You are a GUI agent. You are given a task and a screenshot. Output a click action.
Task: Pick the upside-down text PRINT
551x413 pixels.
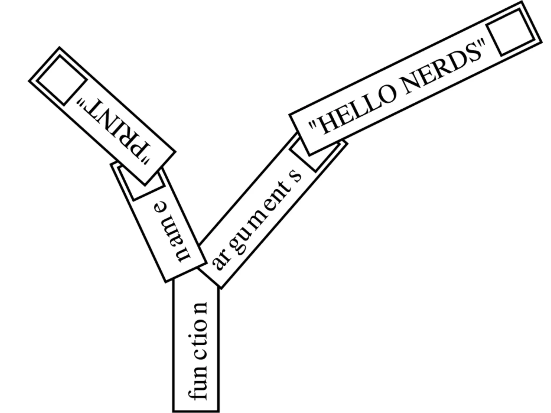coord(113,129)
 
